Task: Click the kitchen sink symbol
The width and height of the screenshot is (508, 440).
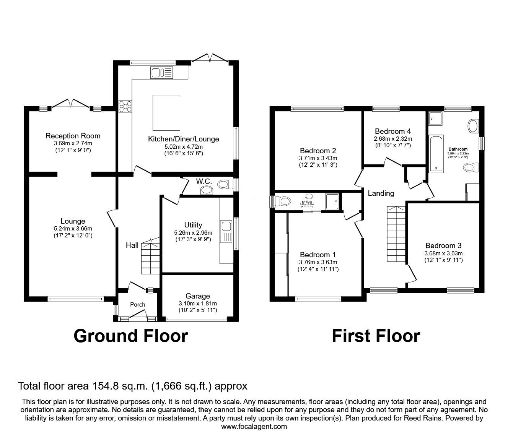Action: pos(162,73)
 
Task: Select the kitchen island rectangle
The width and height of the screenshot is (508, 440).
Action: pos(166,112)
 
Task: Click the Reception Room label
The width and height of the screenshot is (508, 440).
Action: pos(73,136)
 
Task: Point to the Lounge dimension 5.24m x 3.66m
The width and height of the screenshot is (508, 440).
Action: pos(73,229)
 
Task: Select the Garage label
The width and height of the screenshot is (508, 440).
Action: pos(197,296)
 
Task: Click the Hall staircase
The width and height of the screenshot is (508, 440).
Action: pos(150,258)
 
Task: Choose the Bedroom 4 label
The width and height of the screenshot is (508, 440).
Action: pos(393,131)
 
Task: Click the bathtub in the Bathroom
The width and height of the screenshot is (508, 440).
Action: pos(436,153)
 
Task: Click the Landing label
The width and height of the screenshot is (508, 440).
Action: pos(381,193)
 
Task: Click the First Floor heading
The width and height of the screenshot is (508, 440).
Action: pos(376,336)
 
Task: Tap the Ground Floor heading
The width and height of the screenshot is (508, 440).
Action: pos(130,336)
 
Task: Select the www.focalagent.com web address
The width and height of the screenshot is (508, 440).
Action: pos(254,426)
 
